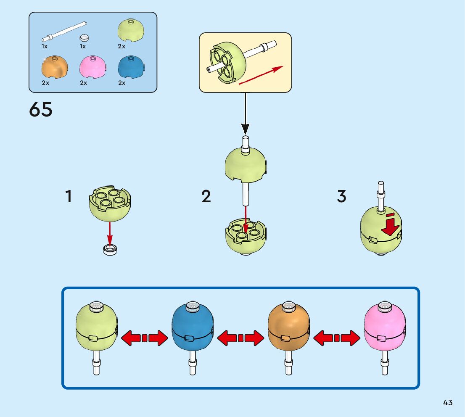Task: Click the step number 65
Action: pyautogui.click(x=41, y=110)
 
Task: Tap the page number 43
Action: pyautogui.click(x=448, y=403)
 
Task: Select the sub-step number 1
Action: pyautogui.click(x=69, y=197)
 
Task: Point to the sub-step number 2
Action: pyautogui.click(x=206, y=197)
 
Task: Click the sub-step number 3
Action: pyautogui.click(x=342, y=196)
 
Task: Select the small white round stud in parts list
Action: pyautogui.click(x=85, y=37)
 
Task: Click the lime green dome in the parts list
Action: pyautogui.click(x=131, y=31)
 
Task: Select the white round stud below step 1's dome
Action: pyautogui.click(x=110, y=250)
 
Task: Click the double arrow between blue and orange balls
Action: pyautogui.click(x=240, y=338)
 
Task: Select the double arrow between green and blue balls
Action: pyautogui.click(x=144, y=338)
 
